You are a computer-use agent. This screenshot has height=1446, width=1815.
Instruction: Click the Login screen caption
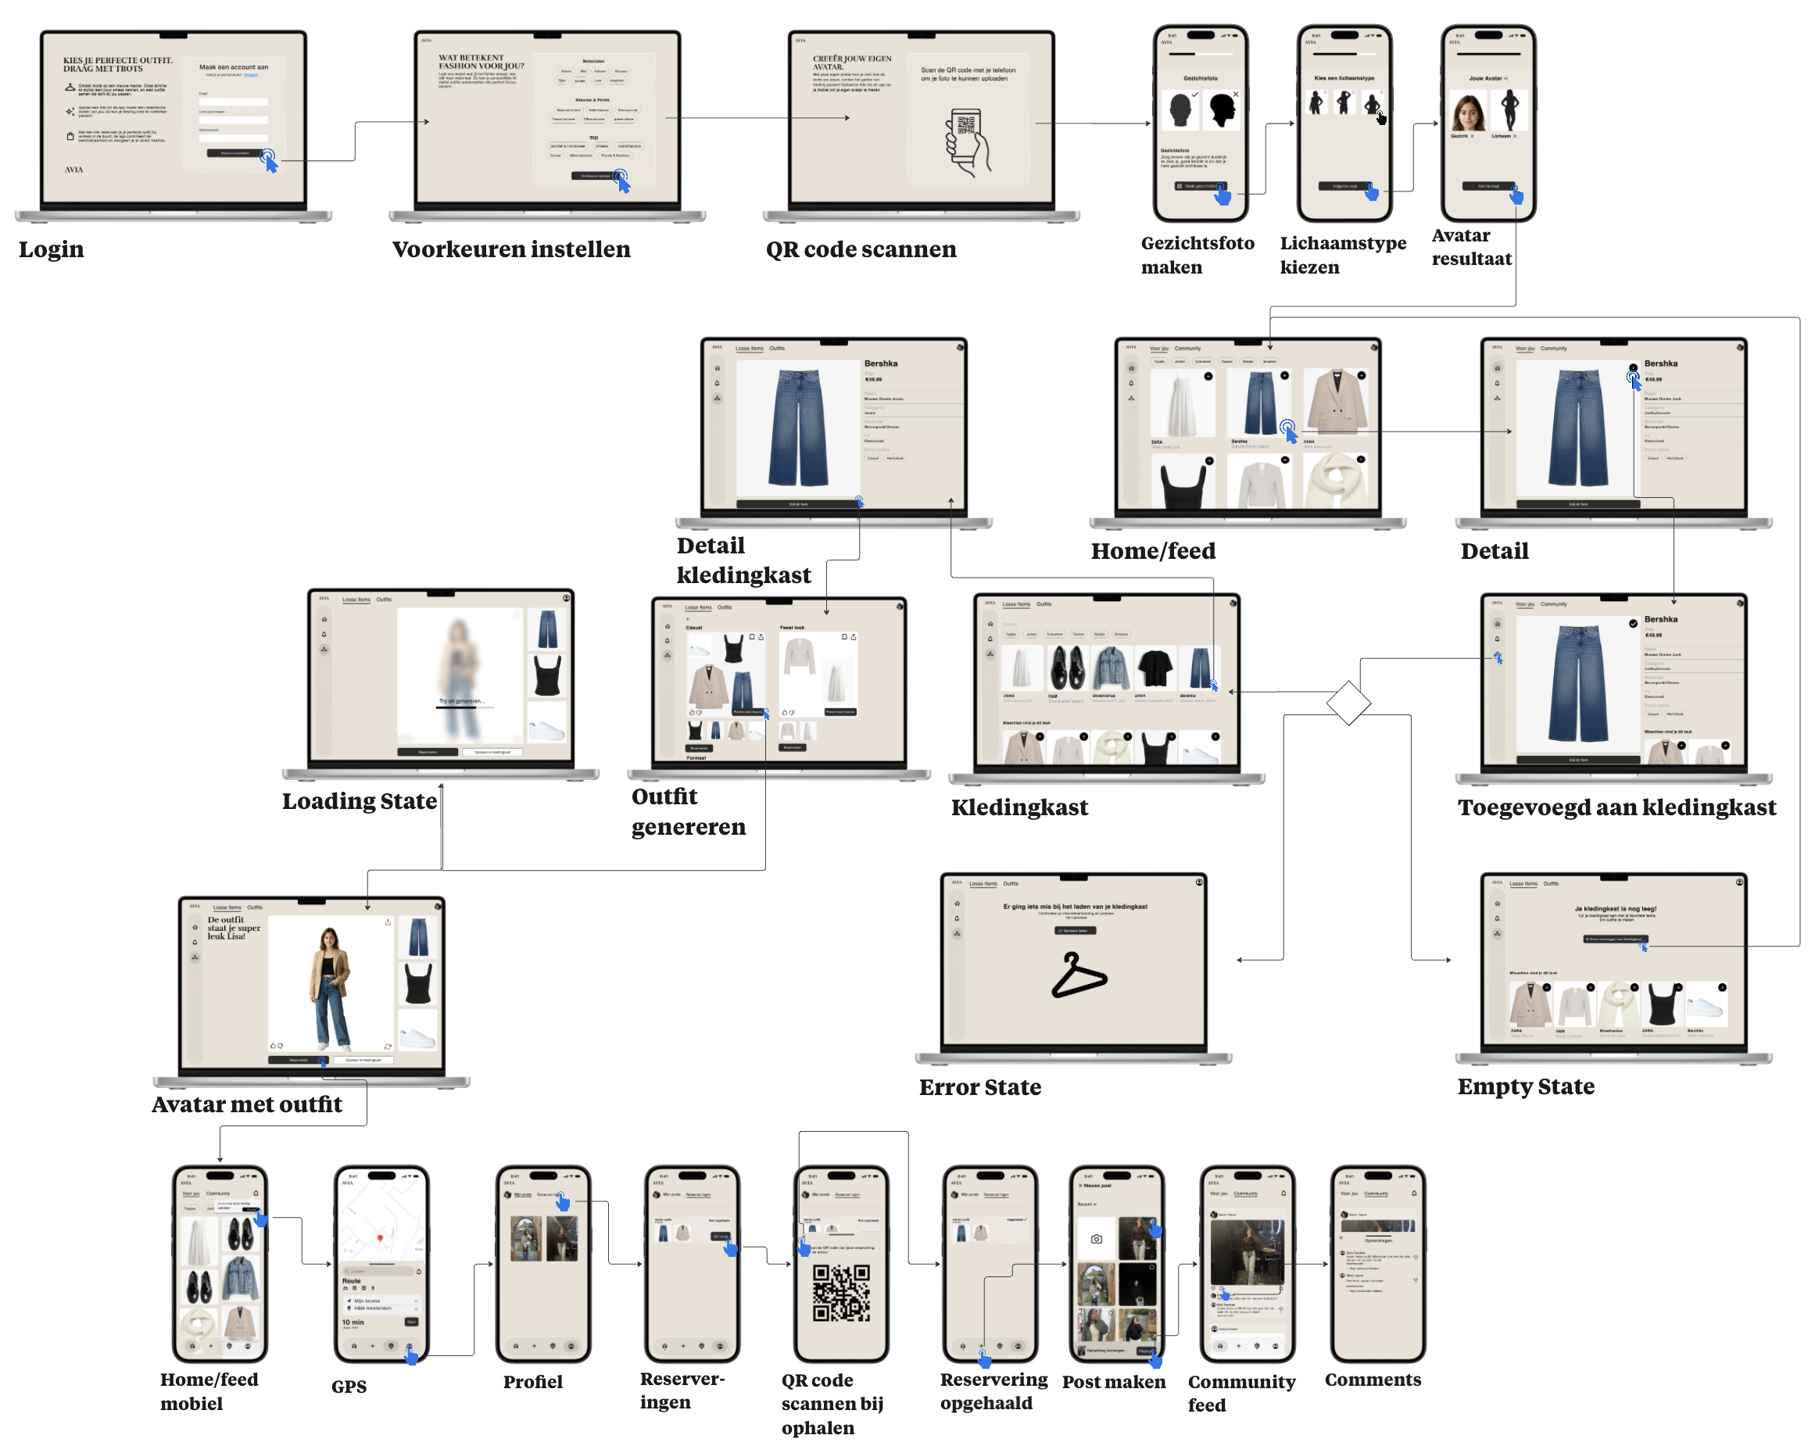point(52,249)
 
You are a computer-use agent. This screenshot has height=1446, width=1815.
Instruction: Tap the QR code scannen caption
point(861,249)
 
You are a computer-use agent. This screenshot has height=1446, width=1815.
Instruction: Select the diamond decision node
point(1348,702)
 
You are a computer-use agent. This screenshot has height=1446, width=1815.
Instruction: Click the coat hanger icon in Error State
point(1079,975)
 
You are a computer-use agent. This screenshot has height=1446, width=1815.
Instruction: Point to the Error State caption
point(980,1086)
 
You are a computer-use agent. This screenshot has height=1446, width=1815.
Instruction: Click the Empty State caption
point(1526,1086)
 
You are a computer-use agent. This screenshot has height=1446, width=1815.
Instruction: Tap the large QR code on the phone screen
point(841,1292)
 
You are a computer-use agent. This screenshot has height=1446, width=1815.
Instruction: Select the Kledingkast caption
point(1018,807)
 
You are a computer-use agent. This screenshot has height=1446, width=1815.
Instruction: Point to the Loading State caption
point(360,800)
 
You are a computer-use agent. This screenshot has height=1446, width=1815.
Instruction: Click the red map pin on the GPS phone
point(381,1238)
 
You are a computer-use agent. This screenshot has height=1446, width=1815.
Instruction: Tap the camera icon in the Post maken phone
point(1096,1238)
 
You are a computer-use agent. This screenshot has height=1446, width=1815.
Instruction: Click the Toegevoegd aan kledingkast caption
point(1616,807)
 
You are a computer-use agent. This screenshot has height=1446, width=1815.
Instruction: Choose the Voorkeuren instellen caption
point(511,249)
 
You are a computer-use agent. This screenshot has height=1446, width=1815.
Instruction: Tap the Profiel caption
point(533,1381)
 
